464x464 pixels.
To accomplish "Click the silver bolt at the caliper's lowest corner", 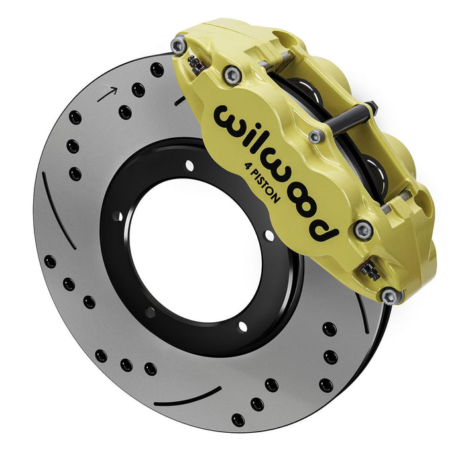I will tap(390, 296).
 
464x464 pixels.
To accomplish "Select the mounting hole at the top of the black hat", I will tap(190, 165).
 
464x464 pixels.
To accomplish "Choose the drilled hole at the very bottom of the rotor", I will tap(237, 419).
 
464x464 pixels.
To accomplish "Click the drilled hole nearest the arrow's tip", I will tap(138, 89).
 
